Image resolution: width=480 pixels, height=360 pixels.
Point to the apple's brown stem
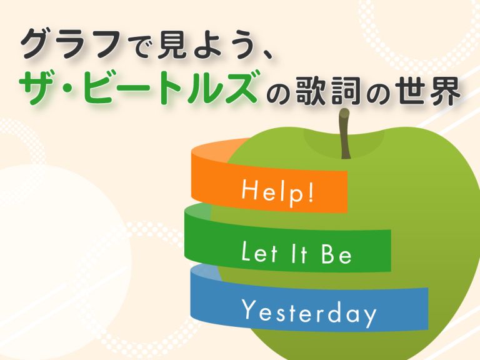[x=345, y=134]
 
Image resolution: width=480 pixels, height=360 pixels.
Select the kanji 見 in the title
[x=172, y=45]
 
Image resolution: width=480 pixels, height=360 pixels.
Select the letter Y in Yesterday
[x=249, y=309]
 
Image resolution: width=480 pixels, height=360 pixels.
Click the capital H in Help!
[x=248, y=189]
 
